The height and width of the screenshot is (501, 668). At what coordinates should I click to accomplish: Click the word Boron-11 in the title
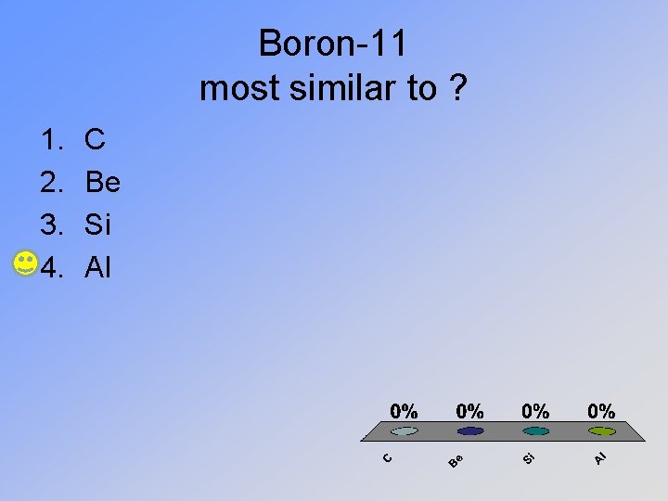click(x=332, y=43)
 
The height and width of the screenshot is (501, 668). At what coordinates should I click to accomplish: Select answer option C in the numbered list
click(x=95, y=140)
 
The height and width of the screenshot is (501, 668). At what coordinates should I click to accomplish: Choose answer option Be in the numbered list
click(x=102, y=183)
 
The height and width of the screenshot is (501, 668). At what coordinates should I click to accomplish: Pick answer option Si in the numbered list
click(x=98, y=225)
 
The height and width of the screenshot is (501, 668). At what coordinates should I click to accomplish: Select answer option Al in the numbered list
click(x=97, y=268)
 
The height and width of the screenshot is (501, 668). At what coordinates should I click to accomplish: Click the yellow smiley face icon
click(x=26, y=263)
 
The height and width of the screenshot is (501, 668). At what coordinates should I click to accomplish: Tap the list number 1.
click(x=50, y=140)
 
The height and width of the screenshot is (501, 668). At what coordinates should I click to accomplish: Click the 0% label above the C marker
click(x=404, y=410)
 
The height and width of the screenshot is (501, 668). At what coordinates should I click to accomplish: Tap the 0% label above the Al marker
click(x=601, y=410)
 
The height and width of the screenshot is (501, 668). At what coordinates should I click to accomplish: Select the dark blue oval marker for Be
click(x=470, y=431)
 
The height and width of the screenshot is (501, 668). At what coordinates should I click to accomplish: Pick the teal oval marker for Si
click(x=536, y=431)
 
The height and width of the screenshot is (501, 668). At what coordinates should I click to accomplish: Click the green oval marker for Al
click(x=602, y=431)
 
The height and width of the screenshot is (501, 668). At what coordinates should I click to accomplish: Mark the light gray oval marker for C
click(x=405, y=431)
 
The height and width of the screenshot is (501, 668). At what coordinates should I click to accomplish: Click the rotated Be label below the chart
click(x=455, y=458)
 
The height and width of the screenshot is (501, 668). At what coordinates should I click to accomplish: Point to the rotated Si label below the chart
click(x=527, y=457)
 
